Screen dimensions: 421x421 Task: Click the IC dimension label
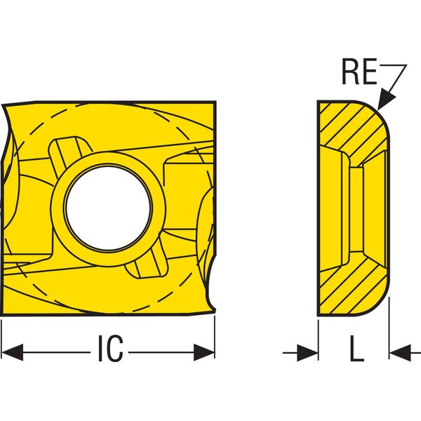(111, 348)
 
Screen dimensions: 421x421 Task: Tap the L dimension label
(357, 348)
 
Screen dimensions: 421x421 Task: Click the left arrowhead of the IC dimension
(13, 352)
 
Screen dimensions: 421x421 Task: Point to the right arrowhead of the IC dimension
(204, 352)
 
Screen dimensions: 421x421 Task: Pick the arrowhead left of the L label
(308, 353)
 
